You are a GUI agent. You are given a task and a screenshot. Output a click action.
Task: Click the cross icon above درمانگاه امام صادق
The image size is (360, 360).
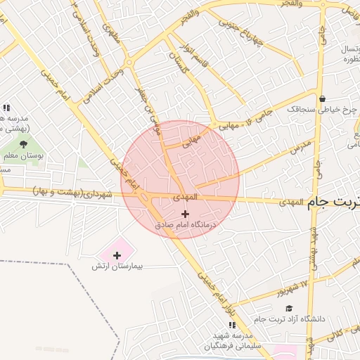coord(185,214)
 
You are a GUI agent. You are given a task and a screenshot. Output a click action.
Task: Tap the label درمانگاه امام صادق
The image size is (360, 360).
coord(186,226)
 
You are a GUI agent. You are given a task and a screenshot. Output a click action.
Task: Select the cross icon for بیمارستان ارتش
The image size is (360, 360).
coord(117,255)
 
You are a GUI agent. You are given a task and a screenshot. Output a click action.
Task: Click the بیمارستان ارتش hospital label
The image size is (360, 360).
coord(117,267)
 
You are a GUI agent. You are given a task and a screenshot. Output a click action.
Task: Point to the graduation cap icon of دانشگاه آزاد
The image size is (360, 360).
coord(288,309)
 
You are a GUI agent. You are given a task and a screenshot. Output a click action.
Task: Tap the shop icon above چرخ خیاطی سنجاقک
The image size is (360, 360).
coord(322,98)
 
